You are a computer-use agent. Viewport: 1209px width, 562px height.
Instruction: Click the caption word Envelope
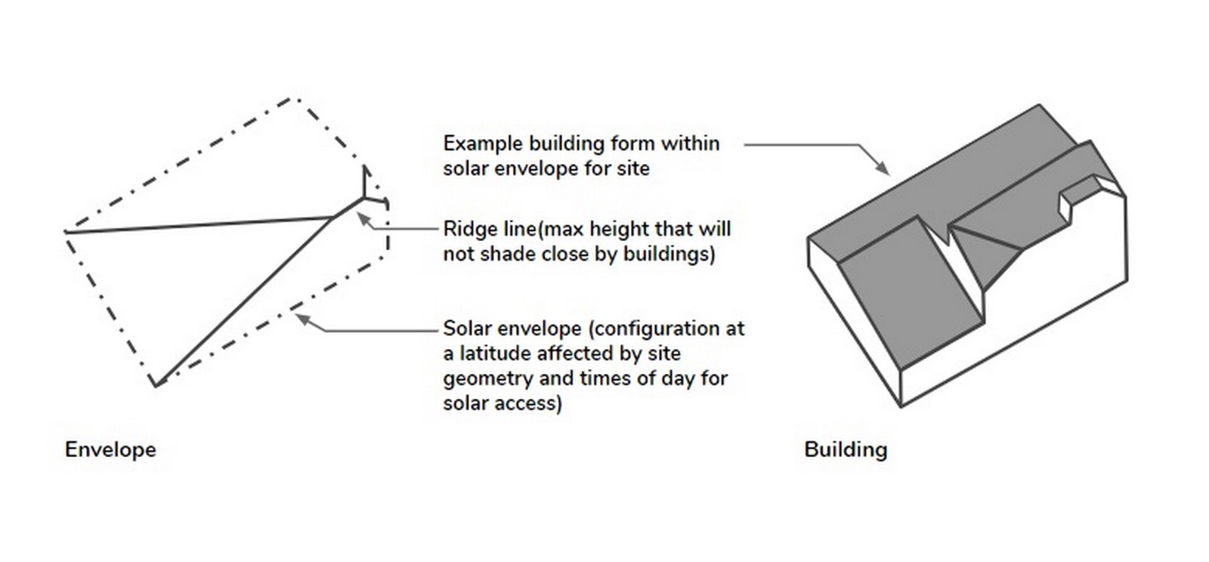tap(110, 449)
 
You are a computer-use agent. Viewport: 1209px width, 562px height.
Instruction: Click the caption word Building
tap(846, 449)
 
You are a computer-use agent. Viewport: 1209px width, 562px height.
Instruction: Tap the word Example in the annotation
tap(483, 144)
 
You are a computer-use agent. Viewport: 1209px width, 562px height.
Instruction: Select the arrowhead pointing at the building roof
tap(883, 168)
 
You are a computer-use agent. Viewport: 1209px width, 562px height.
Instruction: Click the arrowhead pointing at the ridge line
tap(363, 218)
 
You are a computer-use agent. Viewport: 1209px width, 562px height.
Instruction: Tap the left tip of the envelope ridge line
tap(65, 232)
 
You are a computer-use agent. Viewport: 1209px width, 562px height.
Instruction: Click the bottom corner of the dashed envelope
tap(156, 386)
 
